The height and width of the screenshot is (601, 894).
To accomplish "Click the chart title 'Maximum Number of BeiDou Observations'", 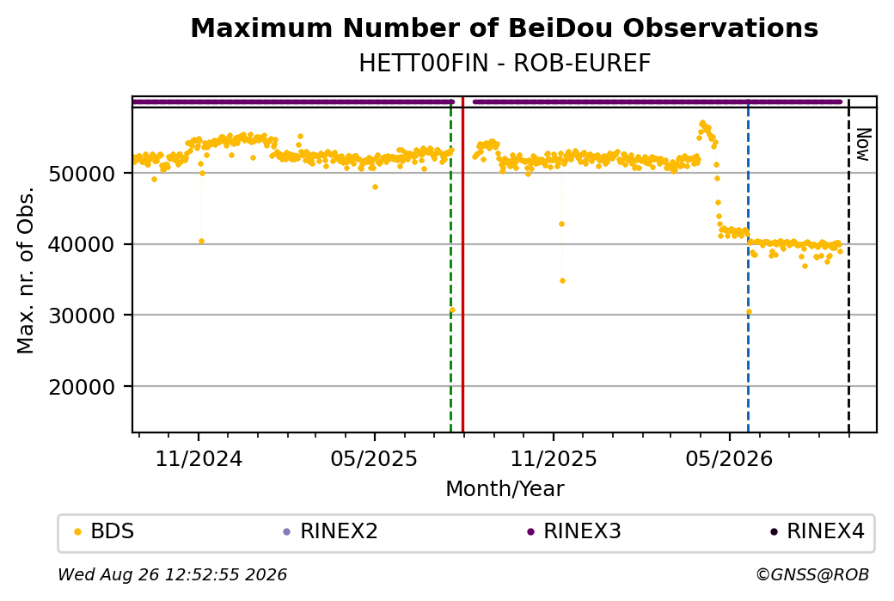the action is click(504, 28).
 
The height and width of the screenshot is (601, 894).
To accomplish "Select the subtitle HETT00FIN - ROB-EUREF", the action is click(505, 64).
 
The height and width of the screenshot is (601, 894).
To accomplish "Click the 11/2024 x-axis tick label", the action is click(199, 458).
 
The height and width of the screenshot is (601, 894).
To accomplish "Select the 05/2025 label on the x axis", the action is click(374, 458).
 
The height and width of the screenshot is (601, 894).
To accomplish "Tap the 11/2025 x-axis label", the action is click(553, 458).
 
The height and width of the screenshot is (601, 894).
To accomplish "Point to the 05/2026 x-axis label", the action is click(729, 458).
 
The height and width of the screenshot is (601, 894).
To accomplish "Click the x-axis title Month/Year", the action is click(505, 488).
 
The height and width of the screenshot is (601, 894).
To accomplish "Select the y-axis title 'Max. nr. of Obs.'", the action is click(26, 270).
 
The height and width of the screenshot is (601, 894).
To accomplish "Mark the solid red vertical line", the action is click(462, 265).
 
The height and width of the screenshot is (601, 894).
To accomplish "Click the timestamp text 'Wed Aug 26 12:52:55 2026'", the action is click(172, 574).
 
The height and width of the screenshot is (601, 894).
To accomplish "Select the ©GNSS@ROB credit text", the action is click(812, 574).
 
